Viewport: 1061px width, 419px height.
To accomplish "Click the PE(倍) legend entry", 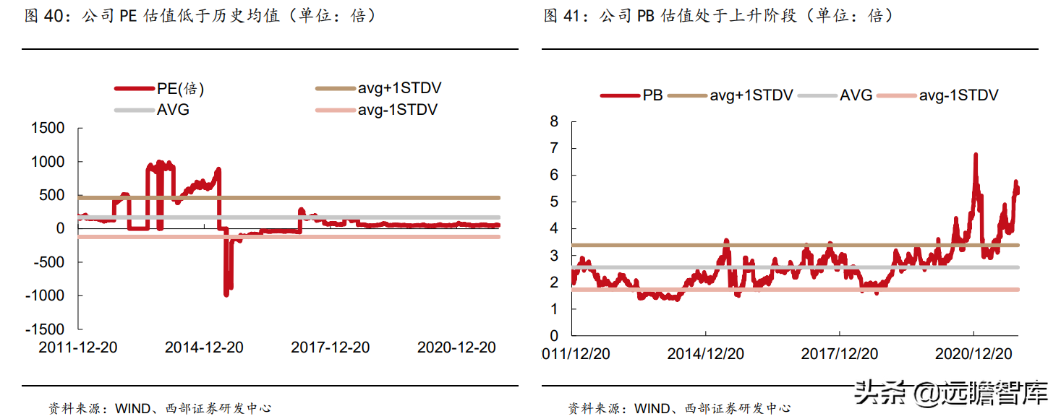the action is point(159,88).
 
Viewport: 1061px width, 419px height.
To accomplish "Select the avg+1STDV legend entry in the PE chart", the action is point(378,88).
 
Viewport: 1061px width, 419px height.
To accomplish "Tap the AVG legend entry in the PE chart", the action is point(152,110).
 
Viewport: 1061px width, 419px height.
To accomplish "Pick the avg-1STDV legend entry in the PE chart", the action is point(377,110).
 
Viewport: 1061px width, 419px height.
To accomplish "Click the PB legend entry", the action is point(631,95).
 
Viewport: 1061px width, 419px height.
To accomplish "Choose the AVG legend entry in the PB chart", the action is point(835,95).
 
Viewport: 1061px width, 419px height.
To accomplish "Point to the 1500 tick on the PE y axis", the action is point(48,128).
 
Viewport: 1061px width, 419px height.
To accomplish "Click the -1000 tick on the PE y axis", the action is point(45,295).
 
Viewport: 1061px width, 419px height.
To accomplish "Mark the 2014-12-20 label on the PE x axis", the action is point(204,347).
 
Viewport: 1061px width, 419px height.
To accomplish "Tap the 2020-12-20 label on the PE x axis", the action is point(456,347).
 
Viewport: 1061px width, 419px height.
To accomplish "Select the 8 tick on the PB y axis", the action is point(554,121).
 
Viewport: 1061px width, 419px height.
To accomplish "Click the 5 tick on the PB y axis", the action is point(554,202).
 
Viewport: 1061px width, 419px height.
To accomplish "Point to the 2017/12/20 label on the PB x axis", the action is point(840,354).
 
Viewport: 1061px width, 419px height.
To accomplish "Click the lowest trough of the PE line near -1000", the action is point(226,295).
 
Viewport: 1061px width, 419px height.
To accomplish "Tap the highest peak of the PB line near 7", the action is point(976,154).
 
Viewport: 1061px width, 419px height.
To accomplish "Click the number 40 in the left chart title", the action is point(54,16).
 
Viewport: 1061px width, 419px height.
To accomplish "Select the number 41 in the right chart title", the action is point(571,16).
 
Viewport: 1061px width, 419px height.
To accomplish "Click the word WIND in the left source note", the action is point(133,408).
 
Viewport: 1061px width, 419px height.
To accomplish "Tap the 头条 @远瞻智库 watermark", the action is point(951,392).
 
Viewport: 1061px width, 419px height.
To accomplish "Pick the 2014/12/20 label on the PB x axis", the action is point(706,354).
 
